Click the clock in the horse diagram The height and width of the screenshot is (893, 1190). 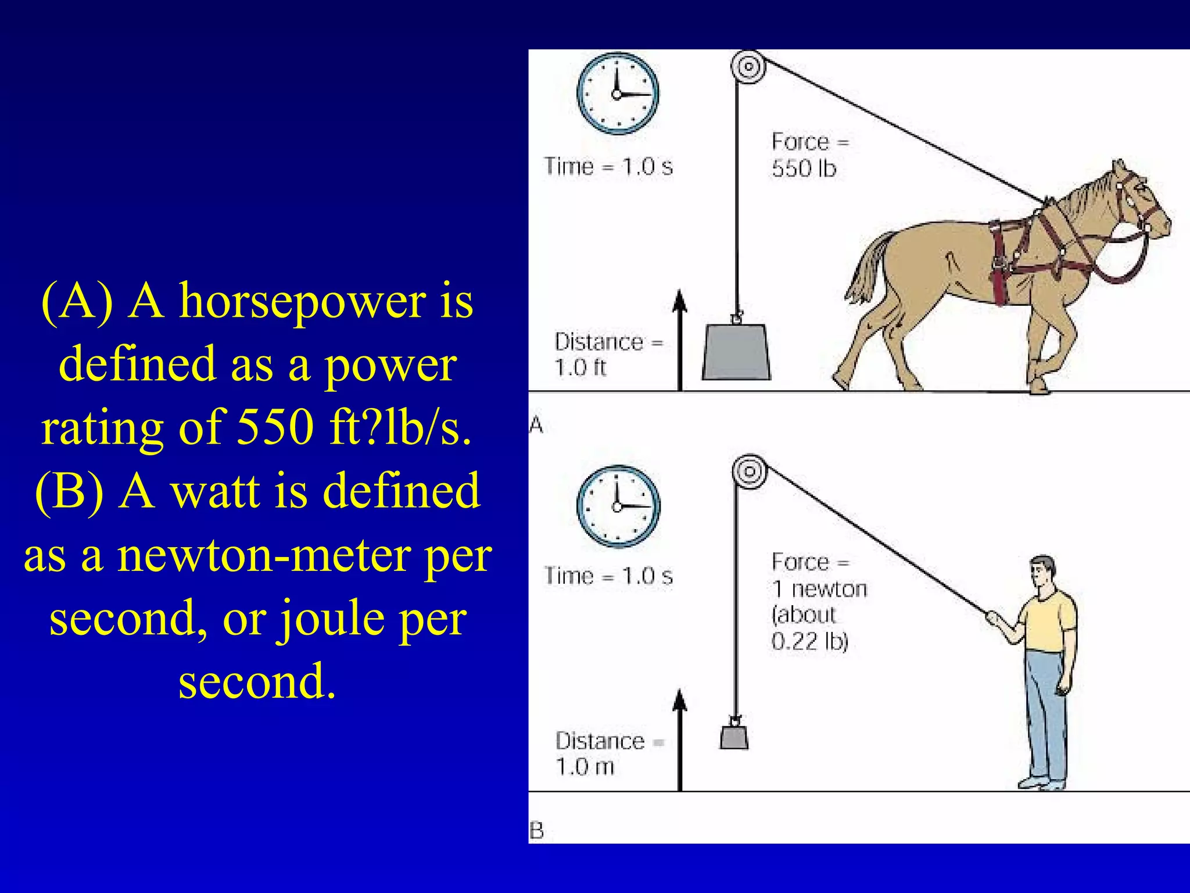[618, 94]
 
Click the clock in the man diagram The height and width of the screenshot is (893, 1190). [618, 506]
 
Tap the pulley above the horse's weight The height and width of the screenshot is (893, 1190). [748, 66]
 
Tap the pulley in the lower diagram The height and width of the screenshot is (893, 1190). [750, 471]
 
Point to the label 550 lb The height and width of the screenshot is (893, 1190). [804, 169]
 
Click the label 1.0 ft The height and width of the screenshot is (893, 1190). [580, 367]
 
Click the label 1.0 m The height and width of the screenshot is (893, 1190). [585, 767]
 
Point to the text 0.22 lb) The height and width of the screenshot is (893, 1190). [809, 641]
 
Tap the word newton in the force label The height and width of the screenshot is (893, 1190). [829, 589]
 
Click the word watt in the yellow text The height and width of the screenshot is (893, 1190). [214, 491]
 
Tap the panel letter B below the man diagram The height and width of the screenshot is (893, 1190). [536, 831]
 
